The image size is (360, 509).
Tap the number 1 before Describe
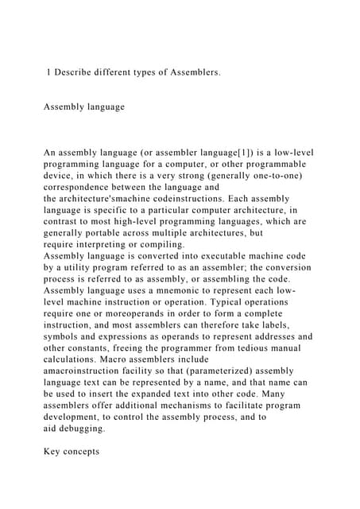(x=49, y=72)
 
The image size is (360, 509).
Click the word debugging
(x=83, y=428)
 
